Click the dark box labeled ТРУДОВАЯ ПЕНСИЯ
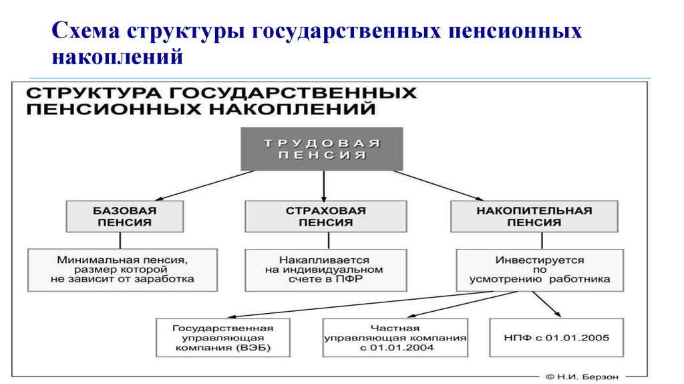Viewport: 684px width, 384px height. tap(322, 149)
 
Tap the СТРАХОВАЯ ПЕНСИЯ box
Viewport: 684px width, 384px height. tap(325, 216)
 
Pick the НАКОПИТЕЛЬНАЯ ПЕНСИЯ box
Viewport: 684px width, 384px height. tap(533, 216)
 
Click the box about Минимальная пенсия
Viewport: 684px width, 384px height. tap(122, 269)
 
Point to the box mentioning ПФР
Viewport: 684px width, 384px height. tap(325, 269)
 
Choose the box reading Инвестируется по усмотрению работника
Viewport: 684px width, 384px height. tap(540, 269)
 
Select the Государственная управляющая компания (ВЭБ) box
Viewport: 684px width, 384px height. tap(223, 337)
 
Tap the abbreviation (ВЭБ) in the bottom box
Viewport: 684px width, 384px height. tap(254, 348)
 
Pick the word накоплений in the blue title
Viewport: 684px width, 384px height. tap(118, 58)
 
